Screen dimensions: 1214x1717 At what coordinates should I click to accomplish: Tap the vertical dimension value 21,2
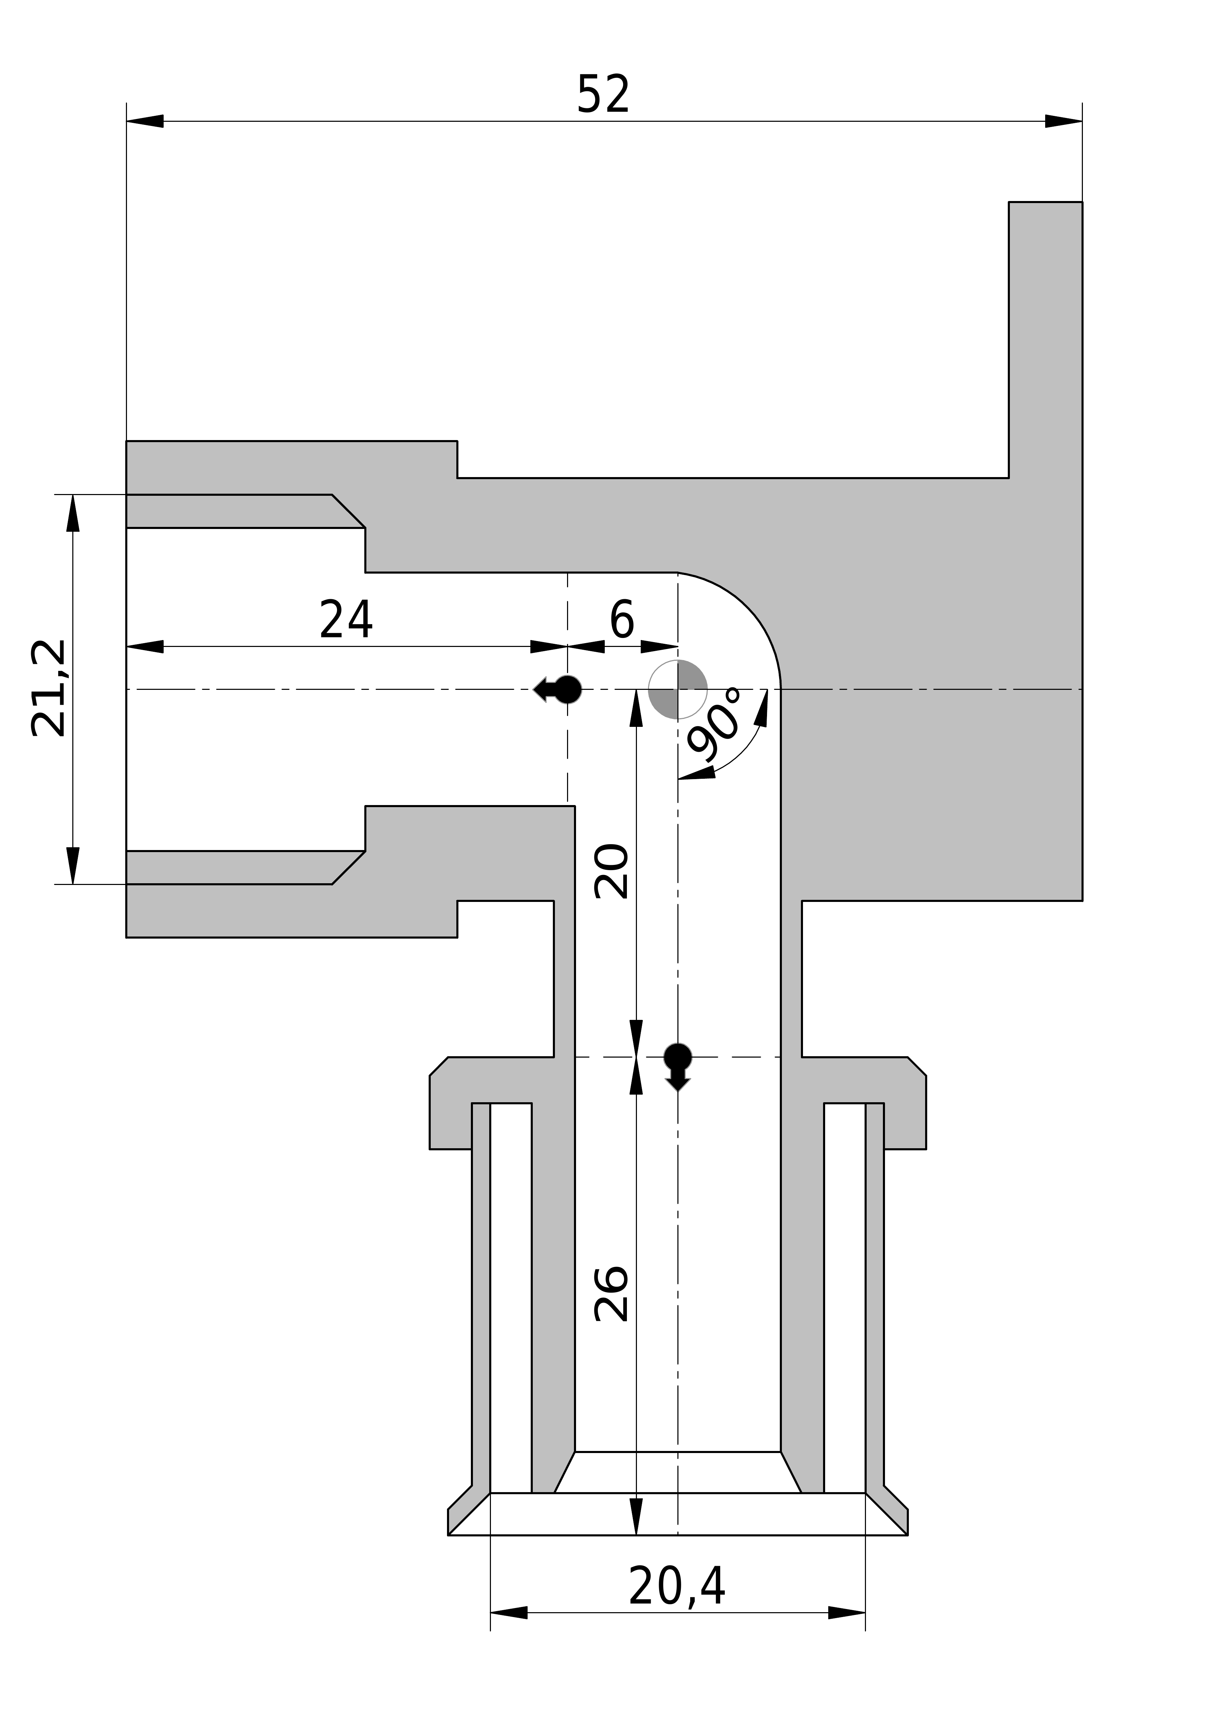click(x=49, y=689)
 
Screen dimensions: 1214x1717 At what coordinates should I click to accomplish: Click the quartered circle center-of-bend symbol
click(x=678, y=689)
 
